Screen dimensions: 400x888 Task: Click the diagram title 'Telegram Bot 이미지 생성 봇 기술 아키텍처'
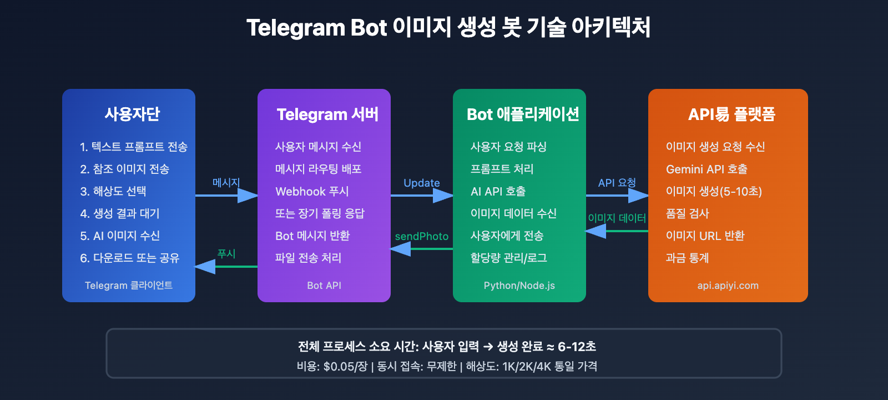[x=448, y=28]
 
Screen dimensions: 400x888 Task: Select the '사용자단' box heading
[x=132, y=114]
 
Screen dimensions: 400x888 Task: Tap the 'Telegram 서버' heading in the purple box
[x=327, y=114]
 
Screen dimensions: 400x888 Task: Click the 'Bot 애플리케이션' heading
[x=523, y=114]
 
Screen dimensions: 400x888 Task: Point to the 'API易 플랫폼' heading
[x=731, y=114]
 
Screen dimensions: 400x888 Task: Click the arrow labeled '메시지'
[x=226, y=195]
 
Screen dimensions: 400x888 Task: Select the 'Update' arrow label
[x=421, y=183]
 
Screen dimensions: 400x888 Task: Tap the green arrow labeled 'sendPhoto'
[x=421, y=248]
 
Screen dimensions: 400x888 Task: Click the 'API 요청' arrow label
[x=617, y=183]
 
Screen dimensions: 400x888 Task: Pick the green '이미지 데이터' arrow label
[x=617, y=218]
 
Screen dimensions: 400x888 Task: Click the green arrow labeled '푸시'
[x=226, y=266]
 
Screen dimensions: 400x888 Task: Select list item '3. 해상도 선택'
[x=113, y=191]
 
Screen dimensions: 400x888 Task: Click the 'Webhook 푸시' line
[x=312, y=191]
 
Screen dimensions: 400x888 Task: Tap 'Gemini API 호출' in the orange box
[x=707, y=169]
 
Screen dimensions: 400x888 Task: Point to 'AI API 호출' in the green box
[x=498, y=191]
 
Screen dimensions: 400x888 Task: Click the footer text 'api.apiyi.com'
[x=728, y=286]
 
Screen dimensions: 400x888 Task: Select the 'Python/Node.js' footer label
[x=519, y=286]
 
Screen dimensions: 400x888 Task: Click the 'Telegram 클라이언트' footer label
[x=129, y=286]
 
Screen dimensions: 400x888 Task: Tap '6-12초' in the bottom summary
[x=577, y=347]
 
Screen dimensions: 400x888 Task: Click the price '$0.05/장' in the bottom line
[x=345, y=367]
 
